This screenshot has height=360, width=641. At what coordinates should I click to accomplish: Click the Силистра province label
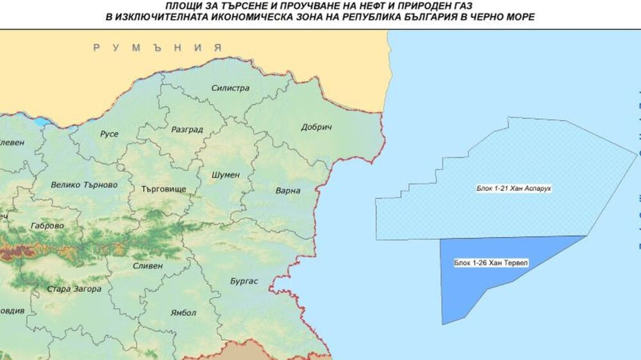[230, 88]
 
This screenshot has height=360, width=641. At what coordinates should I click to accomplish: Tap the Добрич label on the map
[316, 127]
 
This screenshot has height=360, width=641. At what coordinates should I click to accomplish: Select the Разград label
[187, 129]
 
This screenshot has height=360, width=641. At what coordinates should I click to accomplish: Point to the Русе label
[110, 134]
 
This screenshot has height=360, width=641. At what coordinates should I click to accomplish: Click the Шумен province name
[226, 174]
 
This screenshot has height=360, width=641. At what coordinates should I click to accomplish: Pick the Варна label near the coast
[288, 191]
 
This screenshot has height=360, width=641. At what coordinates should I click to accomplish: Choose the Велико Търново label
[84, 184]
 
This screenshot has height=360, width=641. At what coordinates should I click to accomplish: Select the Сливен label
[148, 266]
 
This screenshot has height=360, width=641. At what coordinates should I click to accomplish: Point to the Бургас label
[244, 281]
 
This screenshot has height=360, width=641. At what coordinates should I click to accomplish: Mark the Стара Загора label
[74, 289]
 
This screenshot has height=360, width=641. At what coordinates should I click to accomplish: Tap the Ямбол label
[183, 313]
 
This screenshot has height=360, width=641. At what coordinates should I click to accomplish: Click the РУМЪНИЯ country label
[157, 48]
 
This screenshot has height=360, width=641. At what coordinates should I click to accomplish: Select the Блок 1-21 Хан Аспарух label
[514, 188]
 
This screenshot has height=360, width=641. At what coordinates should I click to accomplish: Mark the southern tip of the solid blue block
[443, 323]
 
